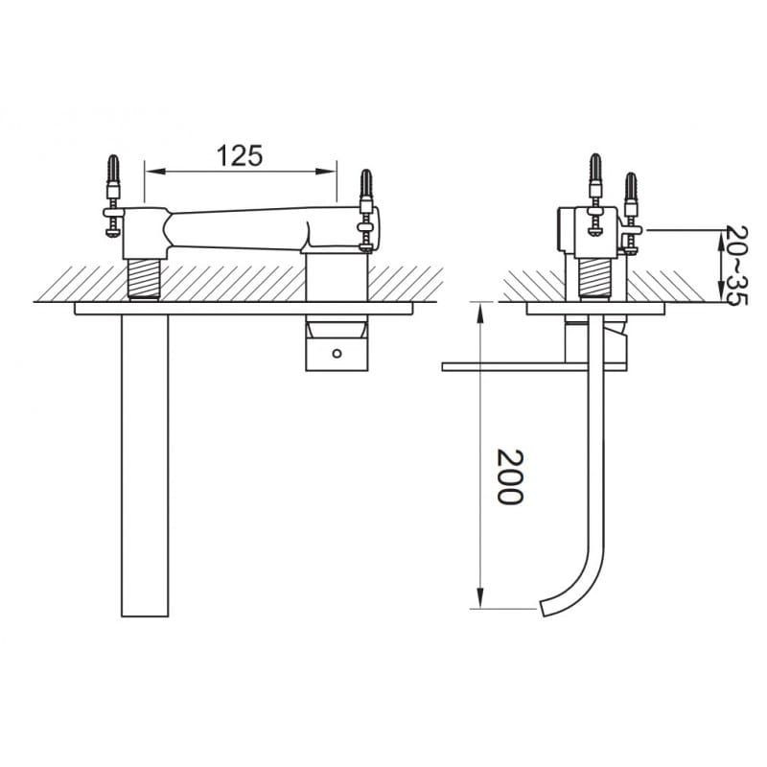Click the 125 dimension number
239,155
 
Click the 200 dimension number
510,476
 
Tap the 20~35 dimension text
736,265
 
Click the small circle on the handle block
337,353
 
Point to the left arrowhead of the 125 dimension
155,172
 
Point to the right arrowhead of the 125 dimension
326,172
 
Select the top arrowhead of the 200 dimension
481,313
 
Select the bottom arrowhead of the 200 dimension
481,598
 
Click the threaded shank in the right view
594,278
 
